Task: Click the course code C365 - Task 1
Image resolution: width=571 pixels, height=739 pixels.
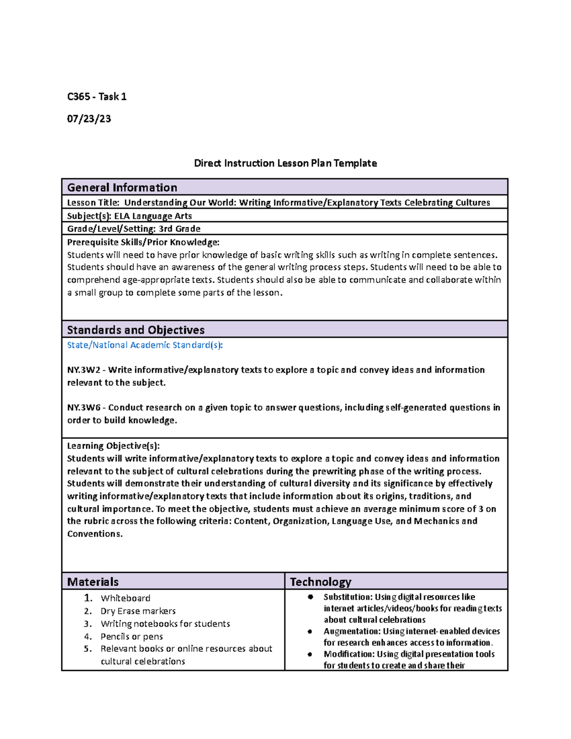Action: tap(97, 97)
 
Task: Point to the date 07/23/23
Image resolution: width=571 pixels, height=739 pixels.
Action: tap(89, 118)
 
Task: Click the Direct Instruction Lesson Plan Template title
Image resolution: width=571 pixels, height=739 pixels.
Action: tap(285, 163)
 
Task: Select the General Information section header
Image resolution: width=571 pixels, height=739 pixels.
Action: tap(122, 187)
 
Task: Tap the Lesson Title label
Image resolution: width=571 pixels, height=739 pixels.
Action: tap(93, 203)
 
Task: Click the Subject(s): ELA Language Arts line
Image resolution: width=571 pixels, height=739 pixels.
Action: tap(129, 216)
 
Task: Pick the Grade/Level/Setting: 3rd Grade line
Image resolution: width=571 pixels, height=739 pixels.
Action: tap(134, 229)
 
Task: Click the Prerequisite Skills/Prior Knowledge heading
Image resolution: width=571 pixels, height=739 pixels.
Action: tap(143, 242)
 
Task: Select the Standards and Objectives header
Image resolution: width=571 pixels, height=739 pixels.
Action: tap(136, 330)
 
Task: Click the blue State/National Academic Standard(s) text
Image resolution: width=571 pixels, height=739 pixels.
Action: tap(145, 345)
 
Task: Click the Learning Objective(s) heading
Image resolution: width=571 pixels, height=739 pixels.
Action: tap(113, 446)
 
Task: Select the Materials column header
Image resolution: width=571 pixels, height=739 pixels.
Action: tap(93, 581)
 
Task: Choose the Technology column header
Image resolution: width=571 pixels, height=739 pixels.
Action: tap(320, 581)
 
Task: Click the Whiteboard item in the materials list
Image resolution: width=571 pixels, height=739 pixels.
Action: tap(125, 598)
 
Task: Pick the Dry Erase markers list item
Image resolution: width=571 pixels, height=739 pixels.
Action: tap(138, 611)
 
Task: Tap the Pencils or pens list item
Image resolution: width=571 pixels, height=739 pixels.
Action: tap(132, 637)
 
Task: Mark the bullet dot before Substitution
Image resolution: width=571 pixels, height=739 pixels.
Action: tap(310, 597)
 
